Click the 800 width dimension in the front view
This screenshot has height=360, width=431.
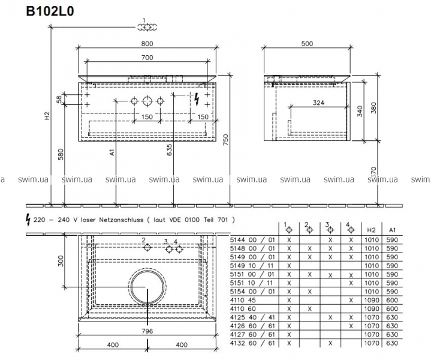[x=147, y=43]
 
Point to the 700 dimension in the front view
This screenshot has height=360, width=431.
[x=147, y=58]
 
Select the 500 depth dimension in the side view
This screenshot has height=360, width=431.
[x=306, y=43]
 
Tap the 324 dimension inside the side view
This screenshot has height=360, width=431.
[x=319, y=103]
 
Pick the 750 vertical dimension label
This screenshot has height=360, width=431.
[x=226, y=140]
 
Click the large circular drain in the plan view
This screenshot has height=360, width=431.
[x=147, y=286]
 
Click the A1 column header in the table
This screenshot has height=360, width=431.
[x=392, y=230]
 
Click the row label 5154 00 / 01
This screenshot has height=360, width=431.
[x=252, y=291]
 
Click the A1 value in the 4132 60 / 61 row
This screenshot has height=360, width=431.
[x=392, y=343]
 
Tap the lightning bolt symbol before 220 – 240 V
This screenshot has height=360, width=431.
[x=28, y=219]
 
